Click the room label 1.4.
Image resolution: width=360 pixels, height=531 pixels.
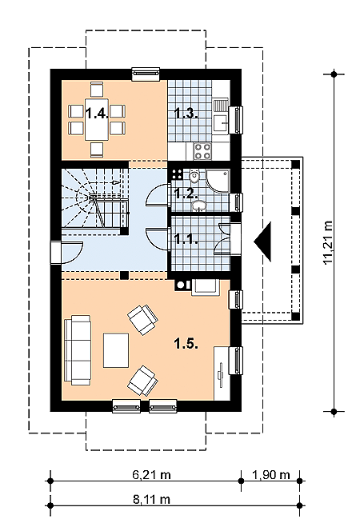pos(97,113)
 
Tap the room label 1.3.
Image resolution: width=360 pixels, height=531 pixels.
pos(186,114)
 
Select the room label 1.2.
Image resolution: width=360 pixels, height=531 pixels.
pos(186,194)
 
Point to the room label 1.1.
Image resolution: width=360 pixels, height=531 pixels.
pos(186,239)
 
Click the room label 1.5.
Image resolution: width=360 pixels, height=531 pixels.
pos(186,344)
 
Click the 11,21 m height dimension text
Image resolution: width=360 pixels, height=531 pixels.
pos(328,242)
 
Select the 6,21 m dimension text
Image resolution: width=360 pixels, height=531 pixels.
pos(151,475)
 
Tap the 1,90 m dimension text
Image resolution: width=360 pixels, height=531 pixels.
pos(271,475)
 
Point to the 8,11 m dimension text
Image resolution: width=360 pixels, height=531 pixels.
pos(151,499)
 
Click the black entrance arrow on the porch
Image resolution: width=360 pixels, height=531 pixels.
pos(263,242)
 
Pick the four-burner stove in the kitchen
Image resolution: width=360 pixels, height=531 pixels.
pos(202,151)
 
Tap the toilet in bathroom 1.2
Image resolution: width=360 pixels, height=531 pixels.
pos(194,176)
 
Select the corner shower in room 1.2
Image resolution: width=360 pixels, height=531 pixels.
pos(218,181)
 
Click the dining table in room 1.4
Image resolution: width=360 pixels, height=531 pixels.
pos(97,119)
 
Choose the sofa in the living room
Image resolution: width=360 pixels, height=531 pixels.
pos(78,349)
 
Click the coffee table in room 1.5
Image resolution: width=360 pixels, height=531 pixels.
pos(116,350)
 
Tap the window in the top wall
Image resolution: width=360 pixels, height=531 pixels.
pos(146,74)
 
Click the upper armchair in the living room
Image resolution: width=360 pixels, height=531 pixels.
pos(143,320)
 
